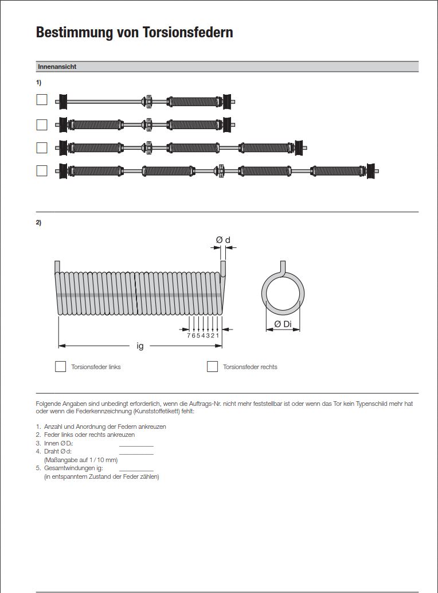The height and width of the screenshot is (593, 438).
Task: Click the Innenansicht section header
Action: (57, 67)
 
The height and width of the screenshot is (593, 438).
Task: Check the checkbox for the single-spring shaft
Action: (42, 100)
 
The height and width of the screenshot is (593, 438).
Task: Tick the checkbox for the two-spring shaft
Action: (42, 124)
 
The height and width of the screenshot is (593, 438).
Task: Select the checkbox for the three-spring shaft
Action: (42, 148)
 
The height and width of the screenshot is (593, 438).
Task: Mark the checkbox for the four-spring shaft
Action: (42, 170)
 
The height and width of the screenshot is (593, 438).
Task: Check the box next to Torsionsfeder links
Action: (61, 366)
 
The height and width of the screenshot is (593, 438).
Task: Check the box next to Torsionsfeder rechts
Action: (212, 366)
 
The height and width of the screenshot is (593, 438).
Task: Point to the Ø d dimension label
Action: (223, 240)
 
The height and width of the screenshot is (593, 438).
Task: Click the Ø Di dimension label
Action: (283, 324)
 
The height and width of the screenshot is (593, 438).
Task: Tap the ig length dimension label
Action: (140, 346)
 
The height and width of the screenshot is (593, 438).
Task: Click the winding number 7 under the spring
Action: (189, 335)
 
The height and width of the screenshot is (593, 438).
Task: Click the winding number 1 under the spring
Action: (218, 335)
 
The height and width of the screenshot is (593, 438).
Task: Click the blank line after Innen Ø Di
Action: (136, 445)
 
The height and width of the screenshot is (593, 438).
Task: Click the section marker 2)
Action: (38, 223)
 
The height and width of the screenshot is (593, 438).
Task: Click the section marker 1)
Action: (38, 83)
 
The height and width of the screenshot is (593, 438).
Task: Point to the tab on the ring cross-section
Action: (283, 266)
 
